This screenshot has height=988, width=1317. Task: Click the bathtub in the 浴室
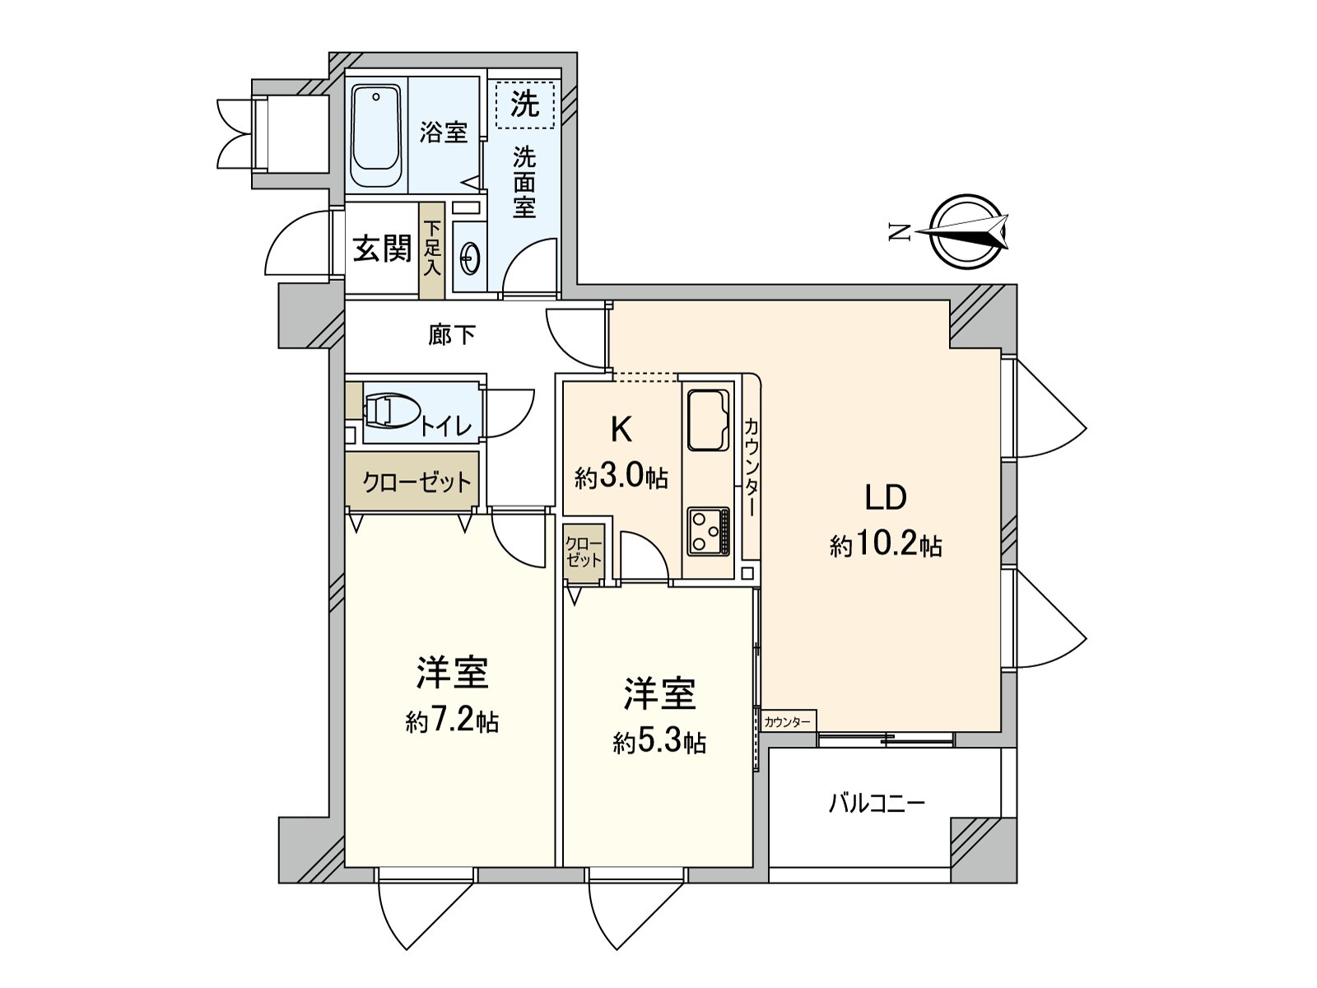(375, 136)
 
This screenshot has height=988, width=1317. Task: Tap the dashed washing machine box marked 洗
(525, 105)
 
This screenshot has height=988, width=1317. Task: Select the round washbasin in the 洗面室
(470, 259)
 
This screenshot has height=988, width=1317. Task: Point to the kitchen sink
(708, 420)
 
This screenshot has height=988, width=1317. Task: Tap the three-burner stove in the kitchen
(709, 531)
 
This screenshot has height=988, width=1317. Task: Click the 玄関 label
(382, 249)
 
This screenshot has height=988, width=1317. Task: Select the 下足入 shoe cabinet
(432, 250)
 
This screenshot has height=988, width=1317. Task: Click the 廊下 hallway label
(452, 335)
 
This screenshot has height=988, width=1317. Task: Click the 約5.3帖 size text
(659, 743)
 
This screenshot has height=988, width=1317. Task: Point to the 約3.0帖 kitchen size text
(621, 478)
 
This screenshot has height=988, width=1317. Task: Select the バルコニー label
(877, 803)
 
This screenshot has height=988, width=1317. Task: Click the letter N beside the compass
(900, 232)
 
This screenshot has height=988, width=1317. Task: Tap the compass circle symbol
(968, 232)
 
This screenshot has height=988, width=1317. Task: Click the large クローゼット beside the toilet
(412, 481)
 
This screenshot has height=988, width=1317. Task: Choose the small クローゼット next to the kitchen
(584, 552)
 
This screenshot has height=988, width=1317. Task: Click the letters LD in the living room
(885, 497)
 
